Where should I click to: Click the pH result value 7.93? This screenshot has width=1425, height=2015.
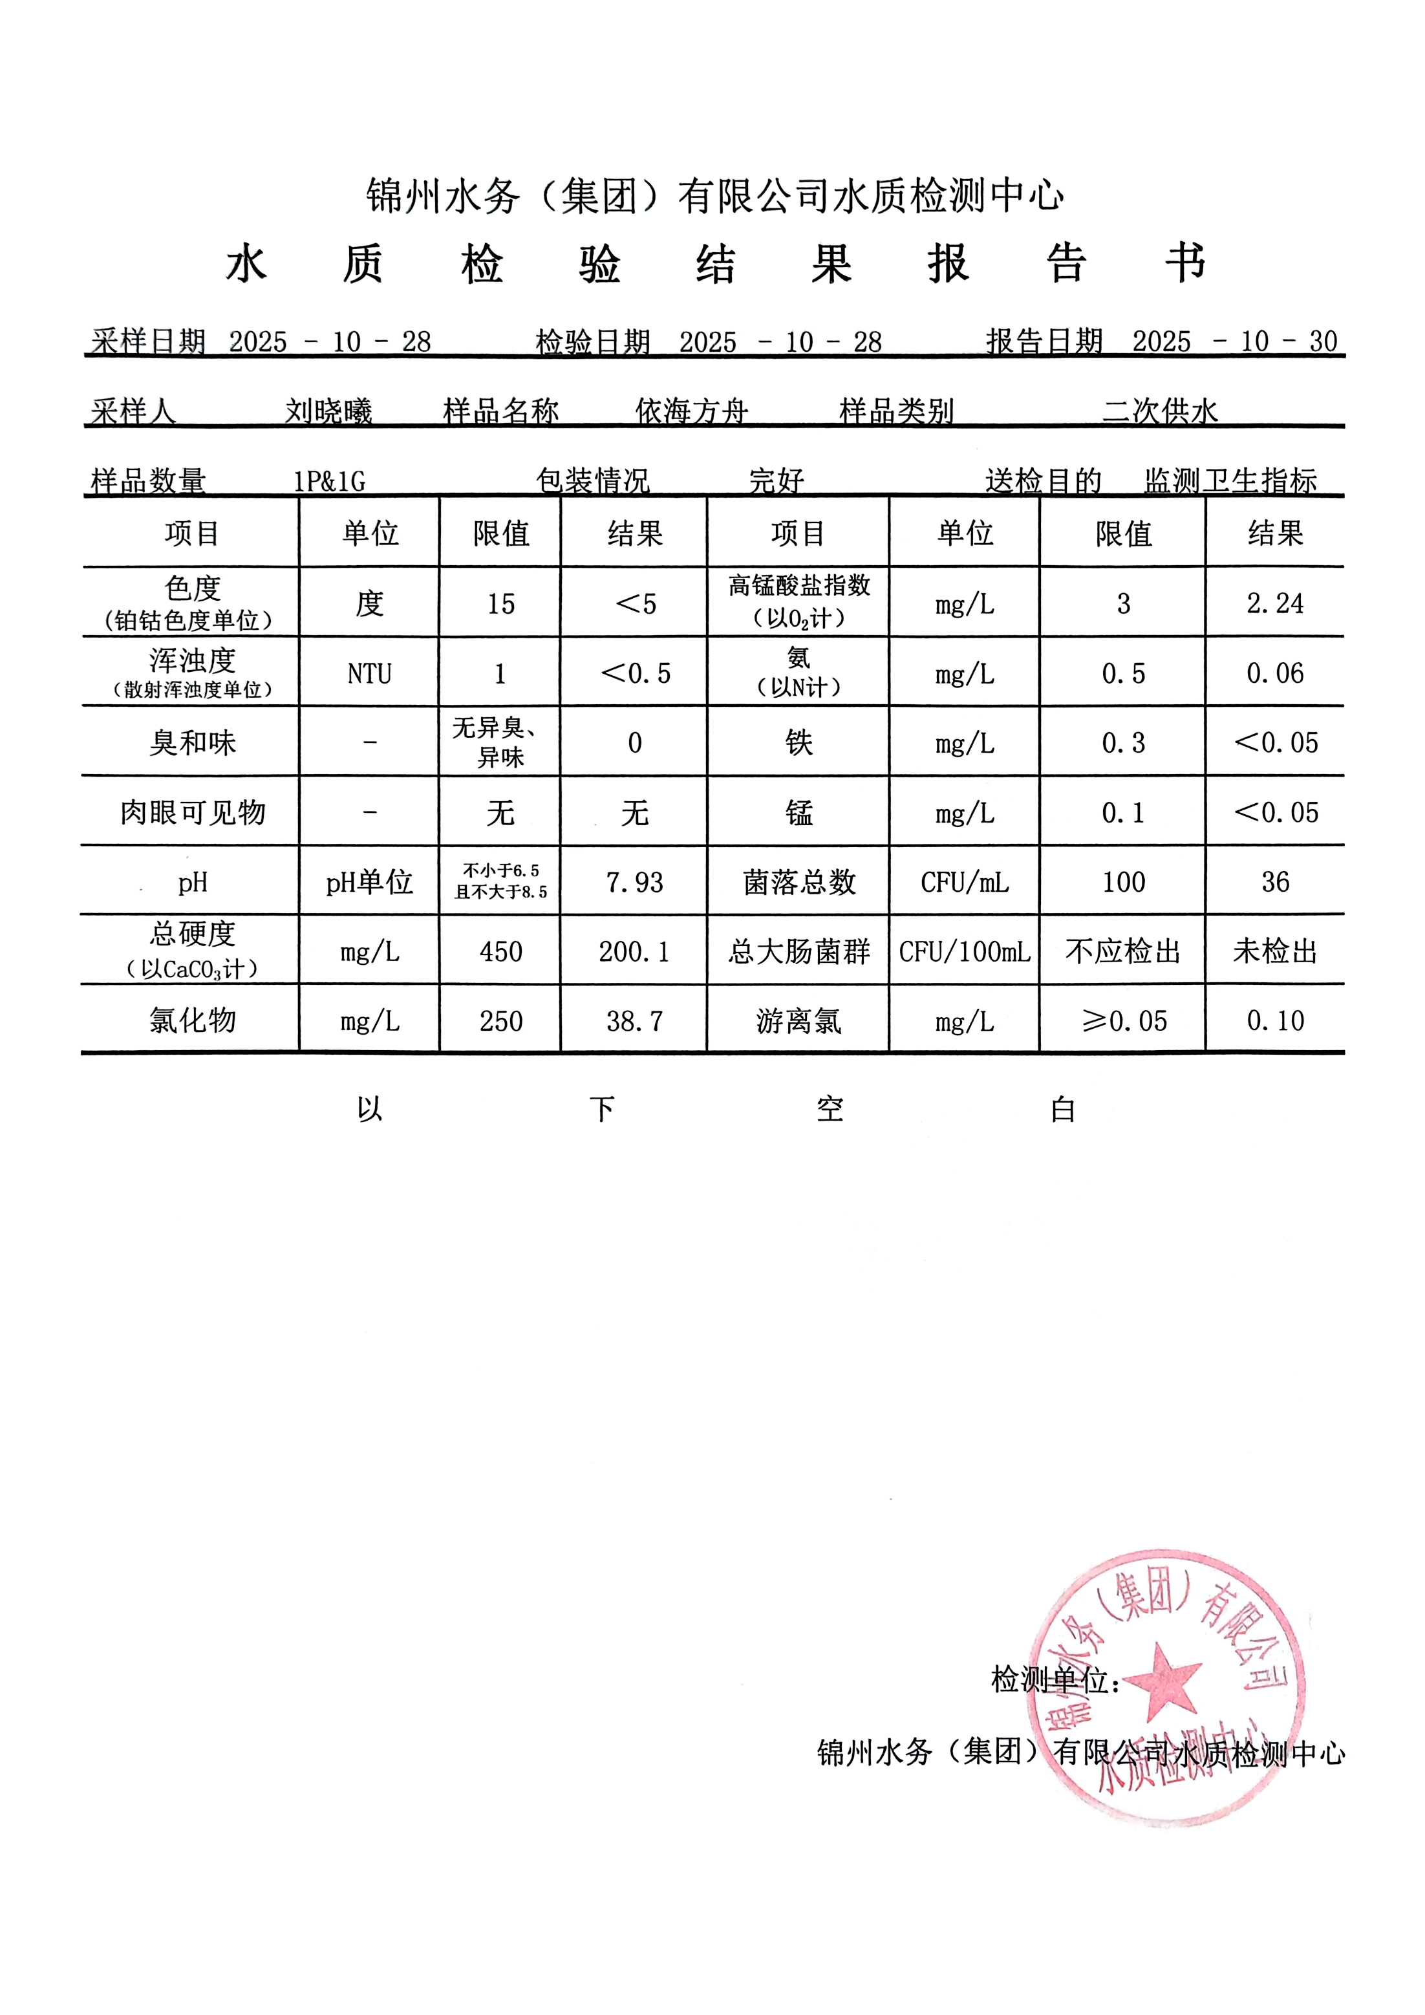634,882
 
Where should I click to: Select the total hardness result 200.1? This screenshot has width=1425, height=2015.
634,951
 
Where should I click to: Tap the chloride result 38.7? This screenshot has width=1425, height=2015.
634,1020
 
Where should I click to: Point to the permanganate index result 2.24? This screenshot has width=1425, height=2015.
1275,604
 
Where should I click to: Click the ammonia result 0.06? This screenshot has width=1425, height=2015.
1275,673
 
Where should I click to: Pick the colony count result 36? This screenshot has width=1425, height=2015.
1275,882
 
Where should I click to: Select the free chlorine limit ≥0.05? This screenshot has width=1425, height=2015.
1124,1020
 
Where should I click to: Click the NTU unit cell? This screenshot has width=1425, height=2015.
369,673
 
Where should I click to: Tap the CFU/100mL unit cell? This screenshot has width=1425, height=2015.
965,951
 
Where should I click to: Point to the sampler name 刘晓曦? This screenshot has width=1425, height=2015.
328,411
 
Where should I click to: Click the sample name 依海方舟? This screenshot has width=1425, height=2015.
691,411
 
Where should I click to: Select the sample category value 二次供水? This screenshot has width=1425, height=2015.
1160,411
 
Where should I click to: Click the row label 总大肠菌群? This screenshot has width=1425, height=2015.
798,951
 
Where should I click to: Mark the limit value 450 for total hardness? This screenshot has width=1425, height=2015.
500,951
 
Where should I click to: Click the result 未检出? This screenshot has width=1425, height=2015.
1275,951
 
